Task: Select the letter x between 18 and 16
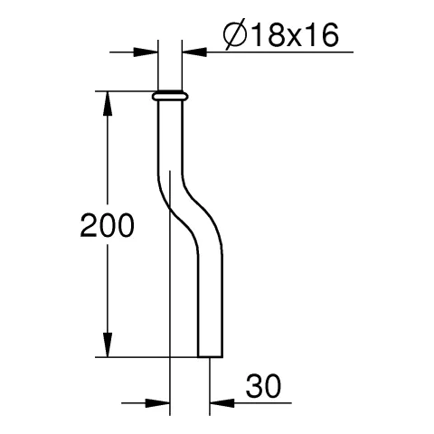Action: tap(291, 37)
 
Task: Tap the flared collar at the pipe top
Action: tap(171, 95)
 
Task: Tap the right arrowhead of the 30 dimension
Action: tap(222, 402)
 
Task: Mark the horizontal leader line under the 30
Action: tap(262, 402)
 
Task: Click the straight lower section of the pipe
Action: tap(207, 307)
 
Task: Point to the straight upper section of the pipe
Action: tap(171, 136)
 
